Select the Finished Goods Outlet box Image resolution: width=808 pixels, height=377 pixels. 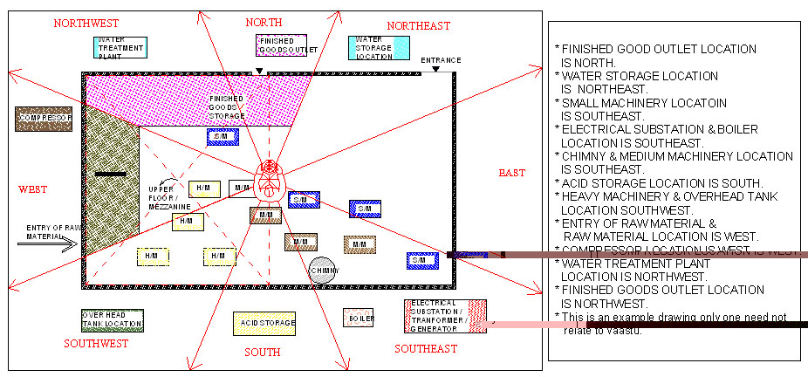point(284,45)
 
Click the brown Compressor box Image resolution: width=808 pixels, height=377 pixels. point(44,119)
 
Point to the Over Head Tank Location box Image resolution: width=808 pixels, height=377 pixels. point(112,320)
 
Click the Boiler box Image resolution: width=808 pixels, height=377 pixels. point(359,318)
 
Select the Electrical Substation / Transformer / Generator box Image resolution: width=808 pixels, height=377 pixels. point(445,315)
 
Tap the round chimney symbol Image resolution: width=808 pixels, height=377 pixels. point(322,270)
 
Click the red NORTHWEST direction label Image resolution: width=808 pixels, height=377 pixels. point(86,24)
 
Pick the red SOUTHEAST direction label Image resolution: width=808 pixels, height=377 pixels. point(425,349)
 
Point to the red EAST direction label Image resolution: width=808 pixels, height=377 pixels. point(511,173)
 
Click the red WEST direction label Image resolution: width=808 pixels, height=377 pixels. point(32,188)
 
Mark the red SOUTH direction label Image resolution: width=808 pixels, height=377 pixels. point(262,353)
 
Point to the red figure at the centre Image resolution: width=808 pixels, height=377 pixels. point(270,179)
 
